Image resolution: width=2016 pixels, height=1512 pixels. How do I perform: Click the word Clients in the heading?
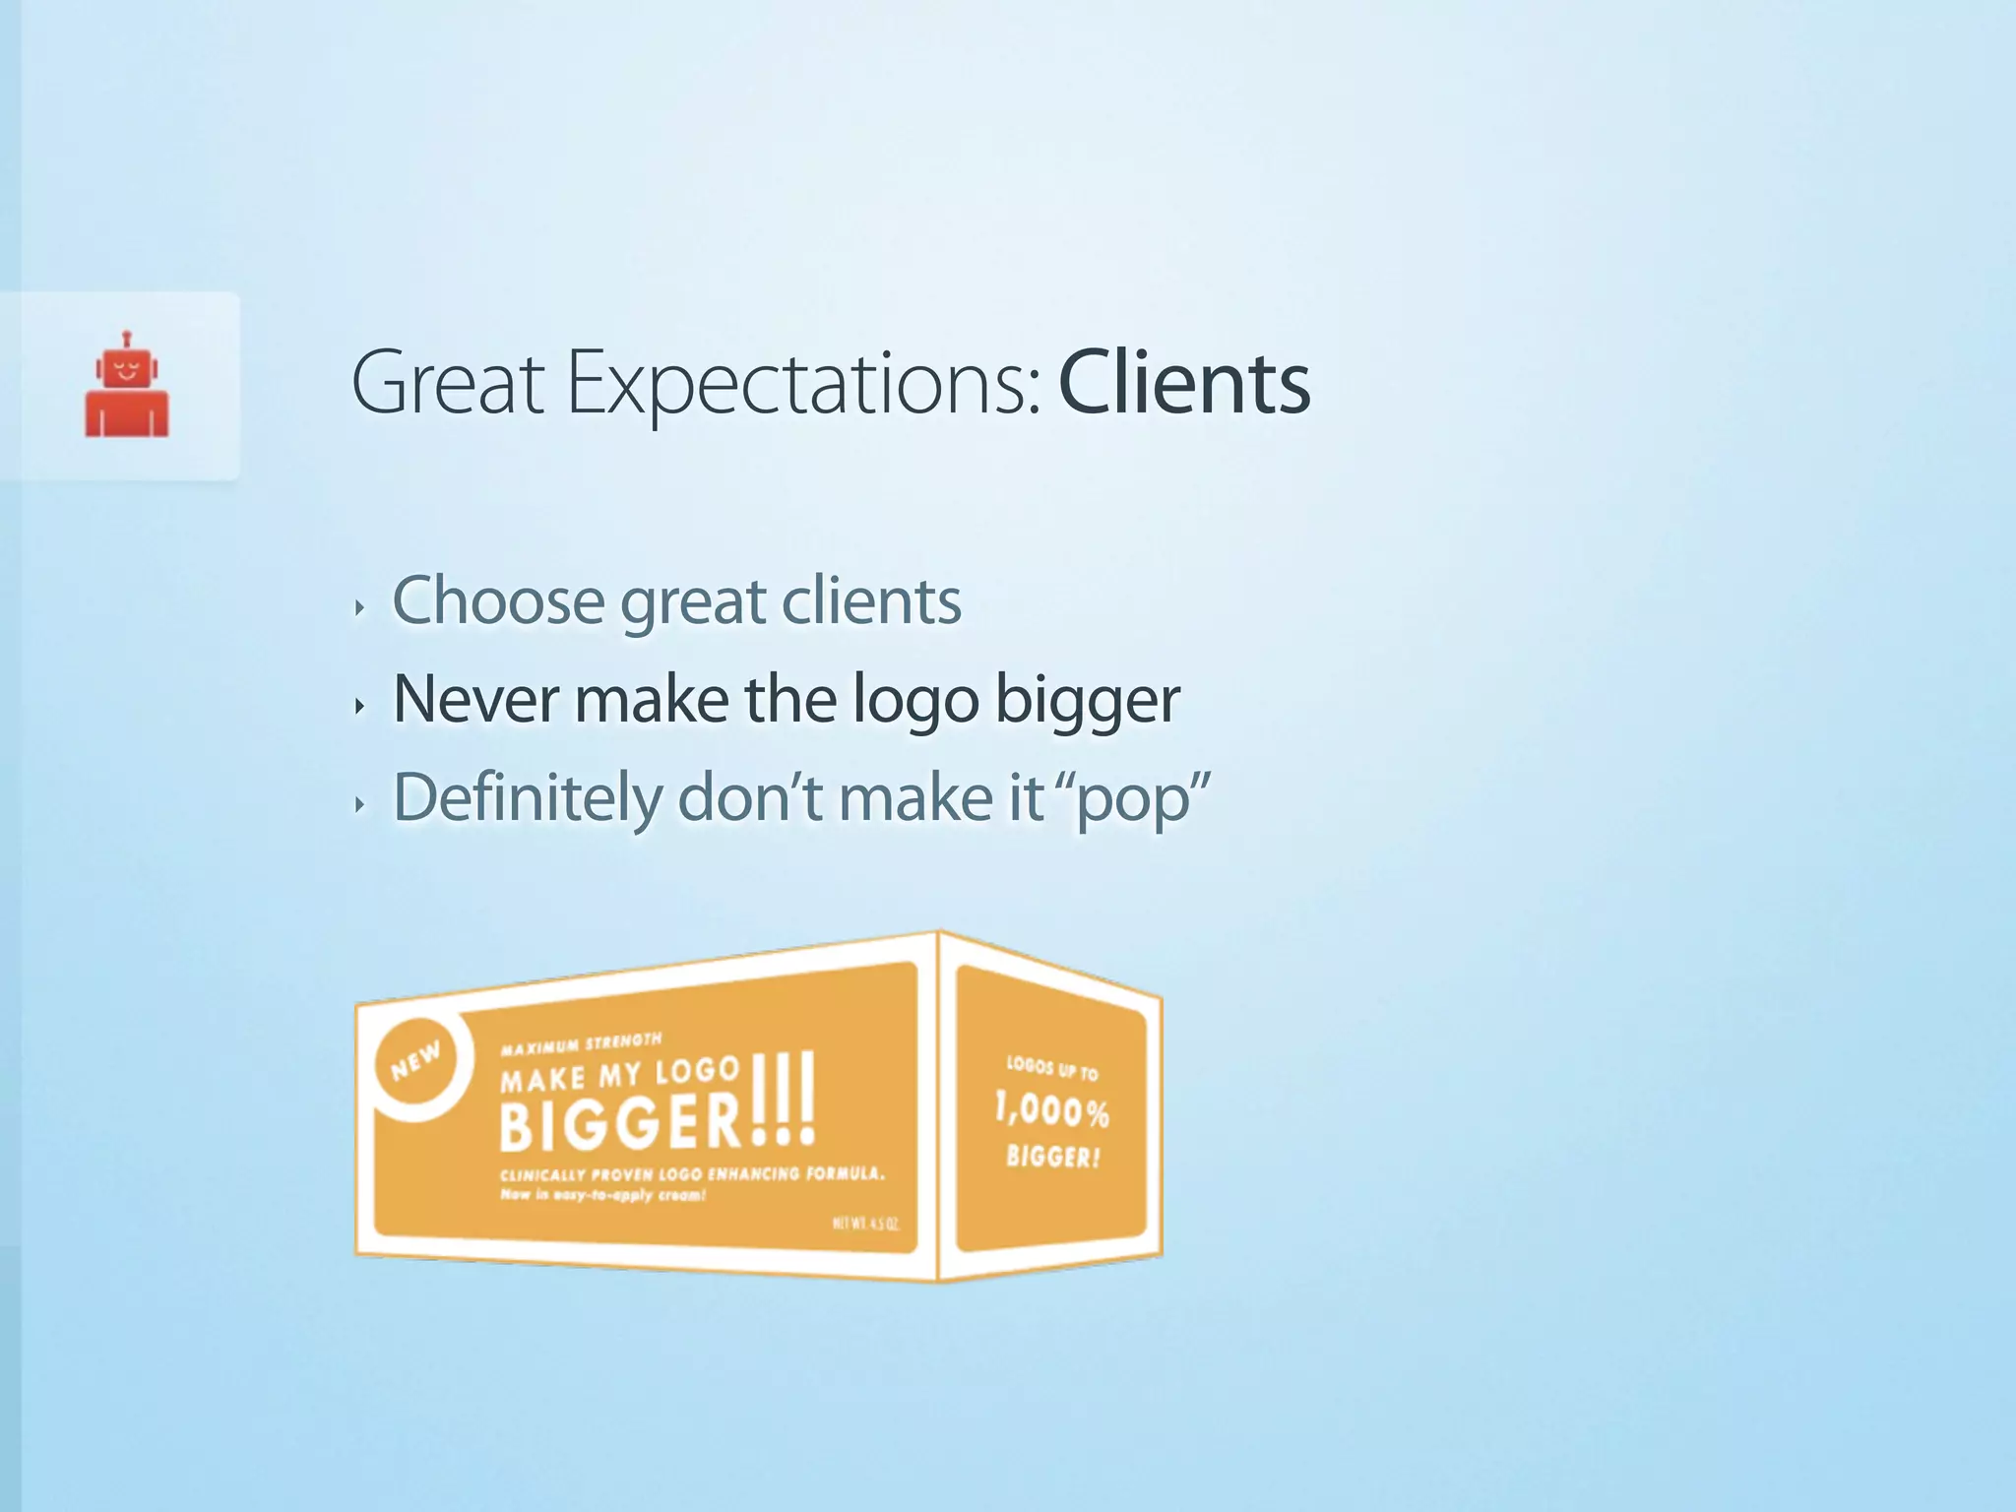(1183, 383)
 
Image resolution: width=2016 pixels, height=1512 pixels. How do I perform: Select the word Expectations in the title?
(803, 385)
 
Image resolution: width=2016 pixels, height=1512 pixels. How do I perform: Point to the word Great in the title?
(448, 383)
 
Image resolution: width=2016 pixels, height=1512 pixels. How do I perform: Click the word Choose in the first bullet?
(498, 600)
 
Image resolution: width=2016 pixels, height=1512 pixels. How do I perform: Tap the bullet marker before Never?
(360, 705)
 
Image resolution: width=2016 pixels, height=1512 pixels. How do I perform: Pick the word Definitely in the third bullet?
(528, 797)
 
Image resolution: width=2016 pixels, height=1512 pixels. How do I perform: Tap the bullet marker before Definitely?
(360, 804)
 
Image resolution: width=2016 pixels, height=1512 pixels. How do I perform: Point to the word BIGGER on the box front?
(620, 1123)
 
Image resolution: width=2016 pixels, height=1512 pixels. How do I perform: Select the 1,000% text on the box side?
(1051, 1110)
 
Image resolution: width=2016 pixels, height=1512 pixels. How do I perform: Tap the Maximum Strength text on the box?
(581, 1043)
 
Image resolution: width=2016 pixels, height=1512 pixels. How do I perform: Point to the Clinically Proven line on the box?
(692, 1173)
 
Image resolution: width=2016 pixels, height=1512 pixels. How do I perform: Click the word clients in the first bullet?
(870, 600)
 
